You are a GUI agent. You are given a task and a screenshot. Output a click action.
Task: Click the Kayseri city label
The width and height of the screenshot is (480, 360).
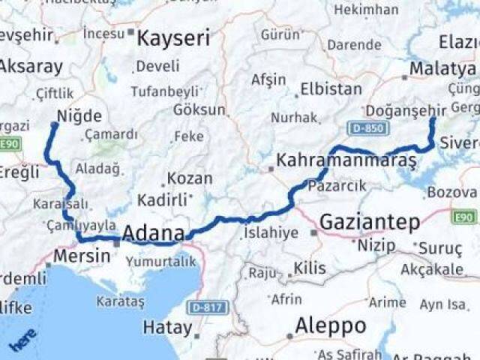pyautogui.click(x=173, y=37)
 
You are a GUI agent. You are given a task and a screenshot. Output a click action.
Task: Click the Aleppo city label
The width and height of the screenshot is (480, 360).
pyautogui.click(x=330, y=326)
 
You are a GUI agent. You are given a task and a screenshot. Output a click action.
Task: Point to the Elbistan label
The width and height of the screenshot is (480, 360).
pyautogui.click(x=331, y=89)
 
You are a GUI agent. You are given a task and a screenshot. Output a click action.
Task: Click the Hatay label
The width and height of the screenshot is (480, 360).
pyautogui.click(x=167, y=327)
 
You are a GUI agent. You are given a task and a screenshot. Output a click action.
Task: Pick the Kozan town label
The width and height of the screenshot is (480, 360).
pyautogui.click(x=189, y=179)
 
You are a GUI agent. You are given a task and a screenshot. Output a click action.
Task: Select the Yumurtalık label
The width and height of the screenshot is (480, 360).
pyautogui.click(x=160, y=261)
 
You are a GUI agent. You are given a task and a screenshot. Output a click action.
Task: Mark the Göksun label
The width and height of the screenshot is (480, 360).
pyautogui.click(x=199, y=110)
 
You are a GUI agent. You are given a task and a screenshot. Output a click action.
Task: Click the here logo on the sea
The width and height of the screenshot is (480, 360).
pyautogui.click(x=22, y=340)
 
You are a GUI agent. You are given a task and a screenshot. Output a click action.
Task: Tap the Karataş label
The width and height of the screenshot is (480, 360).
pyautogui.click(x=120, y=301)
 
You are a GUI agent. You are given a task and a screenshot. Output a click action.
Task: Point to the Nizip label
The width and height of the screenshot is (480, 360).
pyautogui.click(x=376, y=244)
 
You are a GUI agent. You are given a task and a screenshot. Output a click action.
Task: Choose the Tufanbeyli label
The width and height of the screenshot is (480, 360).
pyautogui.click(x=166, y=91)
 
